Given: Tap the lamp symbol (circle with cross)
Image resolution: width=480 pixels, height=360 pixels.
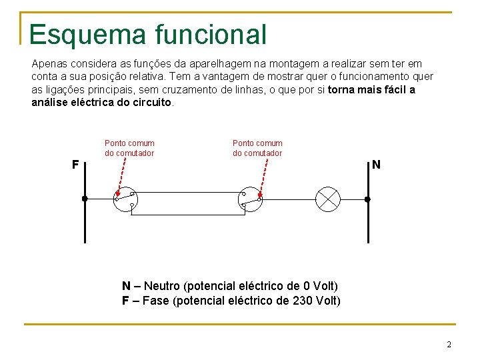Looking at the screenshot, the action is pos(328,199).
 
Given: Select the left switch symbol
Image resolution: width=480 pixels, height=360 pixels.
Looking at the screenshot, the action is pos(125,199).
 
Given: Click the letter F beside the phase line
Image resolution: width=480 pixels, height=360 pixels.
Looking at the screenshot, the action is pos(75,164).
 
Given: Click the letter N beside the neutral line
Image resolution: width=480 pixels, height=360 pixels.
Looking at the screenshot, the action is pos(377,164).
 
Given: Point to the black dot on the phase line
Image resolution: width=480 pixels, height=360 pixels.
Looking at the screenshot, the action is pos(85,199).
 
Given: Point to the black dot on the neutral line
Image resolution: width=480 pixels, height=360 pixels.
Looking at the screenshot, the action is pos(367,199).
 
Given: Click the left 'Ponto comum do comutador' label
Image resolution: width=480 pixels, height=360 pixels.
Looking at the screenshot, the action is pos(129,148).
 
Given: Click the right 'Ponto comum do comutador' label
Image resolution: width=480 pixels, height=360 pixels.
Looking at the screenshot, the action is pos(257,148).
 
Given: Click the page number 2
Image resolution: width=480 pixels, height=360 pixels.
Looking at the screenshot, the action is pos(449,345).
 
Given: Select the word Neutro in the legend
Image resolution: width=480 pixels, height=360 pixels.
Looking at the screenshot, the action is pos(162,286).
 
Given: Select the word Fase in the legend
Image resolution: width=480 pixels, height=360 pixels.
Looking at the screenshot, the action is pos(155,301).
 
